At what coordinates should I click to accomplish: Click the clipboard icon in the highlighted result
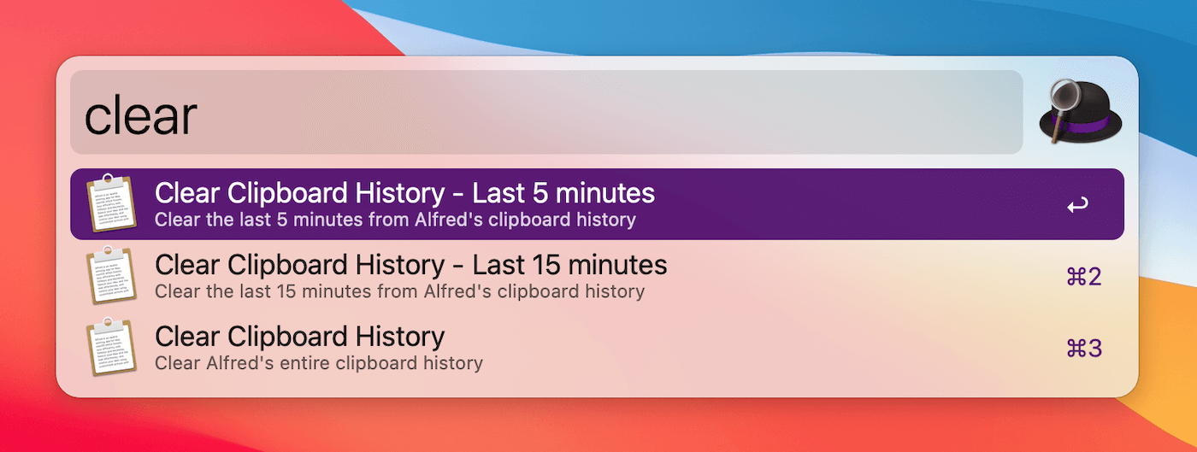110,203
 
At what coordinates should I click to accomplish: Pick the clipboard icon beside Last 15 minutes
110,275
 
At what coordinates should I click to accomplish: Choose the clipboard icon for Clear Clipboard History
110,347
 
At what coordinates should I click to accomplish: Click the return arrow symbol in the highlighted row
1077,205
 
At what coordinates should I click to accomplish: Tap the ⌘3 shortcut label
1083,348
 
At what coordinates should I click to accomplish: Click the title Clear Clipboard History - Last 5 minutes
404,193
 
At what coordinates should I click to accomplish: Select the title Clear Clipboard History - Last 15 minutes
410,265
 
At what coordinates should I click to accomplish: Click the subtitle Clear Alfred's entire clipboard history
319,363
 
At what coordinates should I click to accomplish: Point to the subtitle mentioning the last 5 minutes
395,220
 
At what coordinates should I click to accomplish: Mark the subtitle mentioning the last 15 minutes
399,291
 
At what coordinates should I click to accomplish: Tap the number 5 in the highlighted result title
540,193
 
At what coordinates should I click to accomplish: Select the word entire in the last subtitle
309,363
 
